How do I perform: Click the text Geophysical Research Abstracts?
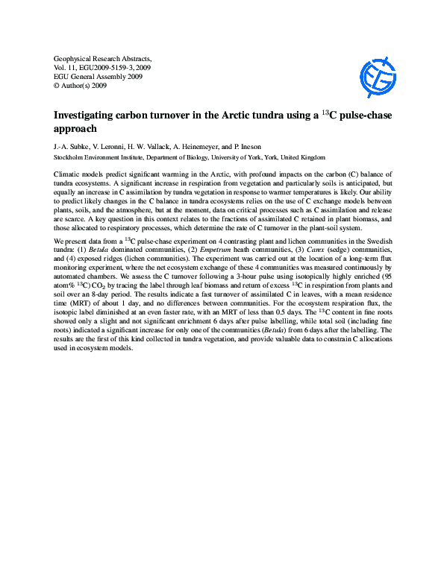click(x=103, y=58)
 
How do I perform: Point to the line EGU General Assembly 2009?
click(x=98, y=77)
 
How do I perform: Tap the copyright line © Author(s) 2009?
click(x=82, y=86)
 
